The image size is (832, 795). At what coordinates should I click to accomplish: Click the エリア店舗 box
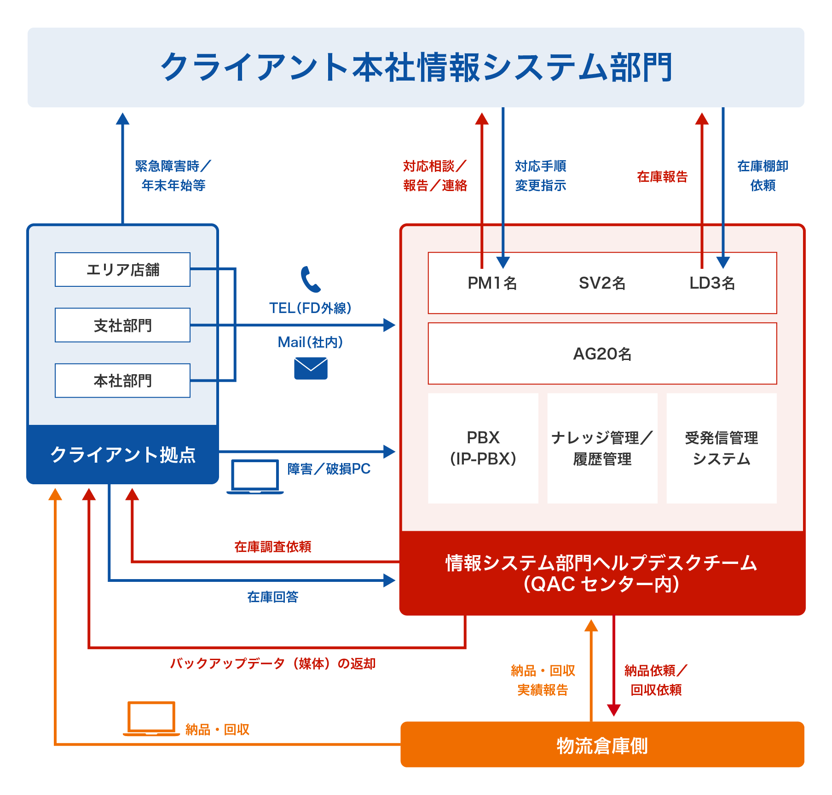tap(122, 270)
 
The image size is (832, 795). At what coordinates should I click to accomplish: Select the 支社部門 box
tap(122, 325)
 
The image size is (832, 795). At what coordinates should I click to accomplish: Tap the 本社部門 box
tap(122, 381)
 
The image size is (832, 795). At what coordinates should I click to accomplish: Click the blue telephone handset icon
tap(311, 279)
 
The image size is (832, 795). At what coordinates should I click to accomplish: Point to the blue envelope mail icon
tap(311, 369)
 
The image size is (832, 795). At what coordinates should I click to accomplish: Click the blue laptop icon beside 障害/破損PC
tap(255, 477)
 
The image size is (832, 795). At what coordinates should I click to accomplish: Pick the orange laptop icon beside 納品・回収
tap(151, 719)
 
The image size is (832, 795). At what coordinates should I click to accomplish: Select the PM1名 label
tap(492, 283)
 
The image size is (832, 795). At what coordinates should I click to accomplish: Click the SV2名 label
tap(602, 283)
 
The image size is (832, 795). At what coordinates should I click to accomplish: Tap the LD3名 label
tap(712, 283)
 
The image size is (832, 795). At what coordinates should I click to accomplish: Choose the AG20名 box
tap(602, 354)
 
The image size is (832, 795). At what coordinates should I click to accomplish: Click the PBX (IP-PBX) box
tap(483, 448)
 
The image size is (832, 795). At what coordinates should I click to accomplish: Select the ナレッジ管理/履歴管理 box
tap(602, 448)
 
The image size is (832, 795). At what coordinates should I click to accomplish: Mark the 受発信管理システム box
tap(721, 448)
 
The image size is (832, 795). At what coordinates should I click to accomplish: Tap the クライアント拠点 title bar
tap(122, 454)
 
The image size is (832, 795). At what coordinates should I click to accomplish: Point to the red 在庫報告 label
tap(662, 177)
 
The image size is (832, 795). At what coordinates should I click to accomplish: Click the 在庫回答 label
tap(273, 597)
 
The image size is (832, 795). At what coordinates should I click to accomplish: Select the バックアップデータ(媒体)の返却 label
tap(273, 664)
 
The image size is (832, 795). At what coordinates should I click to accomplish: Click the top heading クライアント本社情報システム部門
tap(416, 67)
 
